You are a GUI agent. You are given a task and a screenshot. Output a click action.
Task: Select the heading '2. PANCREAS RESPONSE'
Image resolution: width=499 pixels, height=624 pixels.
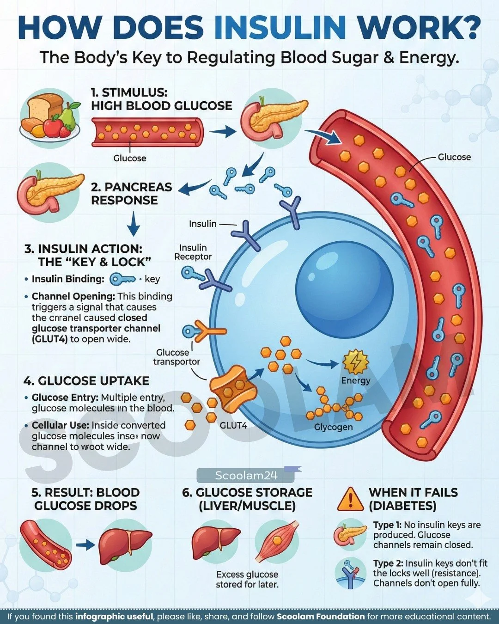click(x=131, y=194)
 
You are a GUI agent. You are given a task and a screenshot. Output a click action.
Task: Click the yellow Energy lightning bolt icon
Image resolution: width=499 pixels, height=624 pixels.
click(x=355, y=362)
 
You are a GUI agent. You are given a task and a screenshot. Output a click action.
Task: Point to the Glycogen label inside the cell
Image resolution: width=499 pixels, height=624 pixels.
click(x=333, y=427)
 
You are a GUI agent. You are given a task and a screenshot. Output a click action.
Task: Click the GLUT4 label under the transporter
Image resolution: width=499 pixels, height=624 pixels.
click(x=233, y=425)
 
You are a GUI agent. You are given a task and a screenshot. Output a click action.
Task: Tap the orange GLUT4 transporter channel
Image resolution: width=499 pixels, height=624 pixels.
click(x=233, y=388)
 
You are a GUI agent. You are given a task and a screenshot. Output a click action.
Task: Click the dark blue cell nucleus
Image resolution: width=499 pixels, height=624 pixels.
click(x=344, y=281)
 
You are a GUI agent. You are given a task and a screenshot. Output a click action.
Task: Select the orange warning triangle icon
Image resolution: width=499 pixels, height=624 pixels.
click(x=350, y=499)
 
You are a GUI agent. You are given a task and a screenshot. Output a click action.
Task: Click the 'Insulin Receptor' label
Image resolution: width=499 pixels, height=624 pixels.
click(x=193, y=252)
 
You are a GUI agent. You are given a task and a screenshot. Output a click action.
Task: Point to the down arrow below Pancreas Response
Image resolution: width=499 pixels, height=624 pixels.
click(x=133, y=224)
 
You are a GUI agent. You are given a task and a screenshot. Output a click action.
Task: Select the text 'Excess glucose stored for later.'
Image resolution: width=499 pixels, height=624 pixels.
click(x=247, y=580)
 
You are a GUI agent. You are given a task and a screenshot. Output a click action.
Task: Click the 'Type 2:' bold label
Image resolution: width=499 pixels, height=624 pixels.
click(x=388, y=563)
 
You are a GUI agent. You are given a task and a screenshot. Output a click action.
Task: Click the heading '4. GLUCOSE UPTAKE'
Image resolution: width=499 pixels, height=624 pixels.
click(x=86, y=381)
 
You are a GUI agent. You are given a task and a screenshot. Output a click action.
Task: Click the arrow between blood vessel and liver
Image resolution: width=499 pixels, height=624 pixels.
click(x=85, y=545)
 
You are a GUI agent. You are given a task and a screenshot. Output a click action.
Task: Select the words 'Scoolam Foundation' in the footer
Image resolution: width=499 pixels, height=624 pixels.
click(x=321, y=617)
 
